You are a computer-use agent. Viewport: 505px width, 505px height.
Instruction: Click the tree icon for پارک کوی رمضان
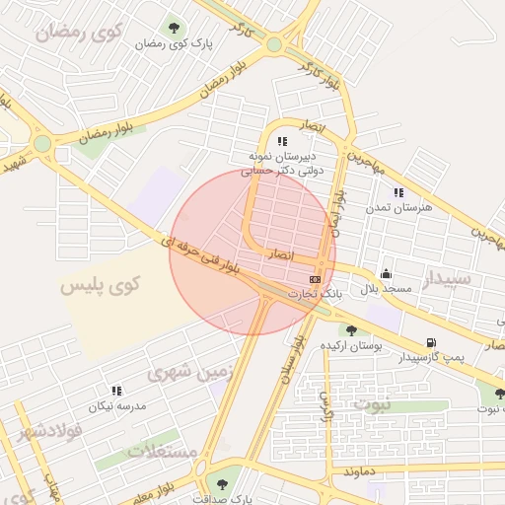175,28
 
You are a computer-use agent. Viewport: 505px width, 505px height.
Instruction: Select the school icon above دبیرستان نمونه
283,141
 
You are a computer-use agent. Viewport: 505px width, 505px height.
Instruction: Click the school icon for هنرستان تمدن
398,193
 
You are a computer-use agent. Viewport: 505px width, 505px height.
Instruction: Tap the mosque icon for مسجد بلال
385,273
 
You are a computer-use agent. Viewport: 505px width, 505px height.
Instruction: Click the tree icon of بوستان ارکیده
351,330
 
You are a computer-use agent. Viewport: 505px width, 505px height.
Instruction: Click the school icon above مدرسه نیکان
116,391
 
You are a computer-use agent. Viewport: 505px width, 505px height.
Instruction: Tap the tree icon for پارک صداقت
216,484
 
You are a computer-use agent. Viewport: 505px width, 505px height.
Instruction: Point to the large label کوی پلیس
101,285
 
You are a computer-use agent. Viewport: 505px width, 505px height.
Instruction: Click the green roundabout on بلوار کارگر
274,44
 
